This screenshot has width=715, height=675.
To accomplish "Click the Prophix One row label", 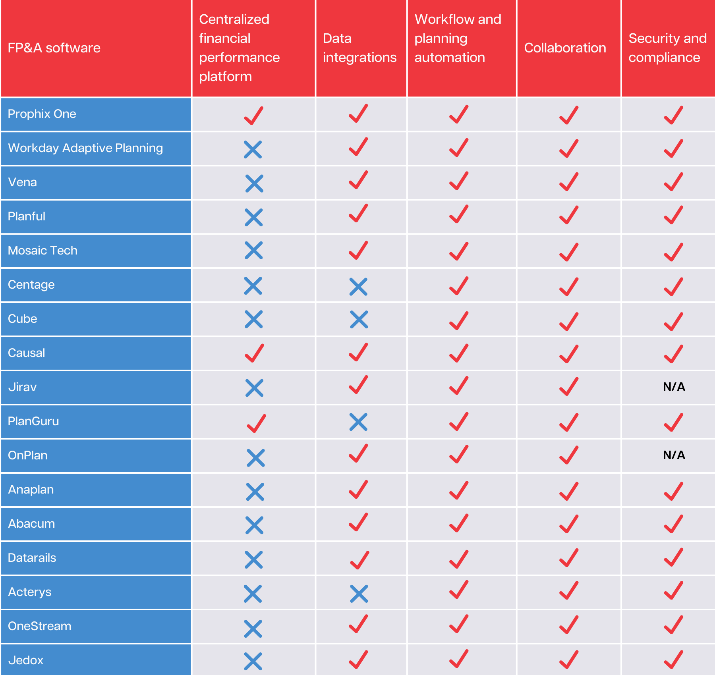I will pyautogui.click(x=42, y=114).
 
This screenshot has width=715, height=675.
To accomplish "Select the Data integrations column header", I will pyautogui.click(x=359, y=48).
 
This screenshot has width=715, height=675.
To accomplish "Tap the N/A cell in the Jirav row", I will pyautogui.click(x=674, y=387).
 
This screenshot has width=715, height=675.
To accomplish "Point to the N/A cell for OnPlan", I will pyautogui.click(x=674, y=455).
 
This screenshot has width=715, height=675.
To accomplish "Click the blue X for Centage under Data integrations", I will pyautogui.click(x=358, y=287).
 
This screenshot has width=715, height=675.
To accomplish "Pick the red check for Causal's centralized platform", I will pyautogui.click(x=254, y=353).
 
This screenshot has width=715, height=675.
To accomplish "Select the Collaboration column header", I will pyautogui.click(x=565, y=48).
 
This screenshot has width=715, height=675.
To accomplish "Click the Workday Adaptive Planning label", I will pyautogui.click(x=85, y=148).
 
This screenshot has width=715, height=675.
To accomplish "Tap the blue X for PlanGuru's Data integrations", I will pyautogui.click(x=358, y=422).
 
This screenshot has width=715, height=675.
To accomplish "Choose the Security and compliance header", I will pyautogui.click(x=667, y=48).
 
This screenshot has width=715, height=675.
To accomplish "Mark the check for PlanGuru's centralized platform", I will pyautogui.click(x=256, y=423).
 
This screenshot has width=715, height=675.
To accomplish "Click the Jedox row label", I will pyautogui.click(x=26, y=660).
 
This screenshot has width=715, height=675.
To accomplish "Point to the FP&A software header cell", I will pyautogui.click(x=54, y=48).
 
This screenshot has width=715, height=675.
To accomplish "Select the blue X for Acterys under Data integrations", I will pyautogui.click(x=359, y=594).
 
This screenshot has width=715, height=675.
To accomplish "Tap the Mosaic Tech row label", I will pyautogui.click(x=43, y=251).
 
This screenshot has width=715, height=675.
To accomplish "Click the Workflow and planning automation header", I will pyautogui.click(x=458, y=39).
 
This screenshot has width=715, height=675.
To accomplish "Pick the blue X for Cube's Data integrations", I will pyautogui.click(x=359, y=320).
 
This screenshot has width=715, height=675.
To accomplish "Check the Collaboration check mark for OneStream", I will pyautogui.click(x=569, y=625).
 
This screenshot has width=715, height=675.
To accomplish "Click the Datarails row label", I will pyautogui.click(x=32, y=558).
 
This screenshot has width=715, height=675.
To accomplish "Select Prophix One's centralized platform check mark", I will pyautogui.click(x=253, y=116).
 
